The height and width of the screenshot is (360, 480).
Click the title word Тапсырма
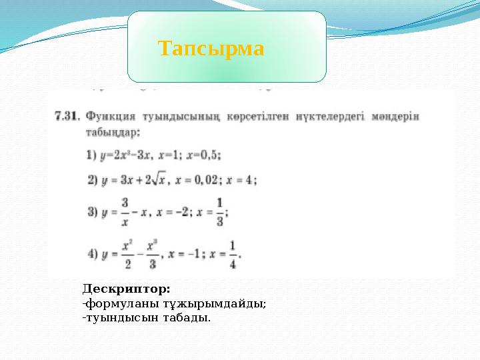point(211,49)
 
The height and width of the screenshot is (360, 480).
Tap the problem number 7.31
point(66,116)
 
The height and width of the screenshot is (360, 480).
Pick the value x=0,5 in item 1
point(203,154)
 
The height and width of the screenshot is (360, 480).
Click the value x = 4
point(243,179)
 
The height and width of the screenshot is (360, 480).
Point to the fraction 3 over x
point(125,213)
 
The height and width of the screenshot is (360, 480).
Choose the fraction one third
point(220,213)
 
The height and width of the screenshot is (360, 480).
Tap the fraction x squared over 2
point(127,254)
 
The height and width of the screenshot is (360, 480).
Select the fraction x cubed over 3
point(152,254)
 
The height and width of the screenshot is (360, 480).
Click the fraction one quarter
point(232,254)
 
